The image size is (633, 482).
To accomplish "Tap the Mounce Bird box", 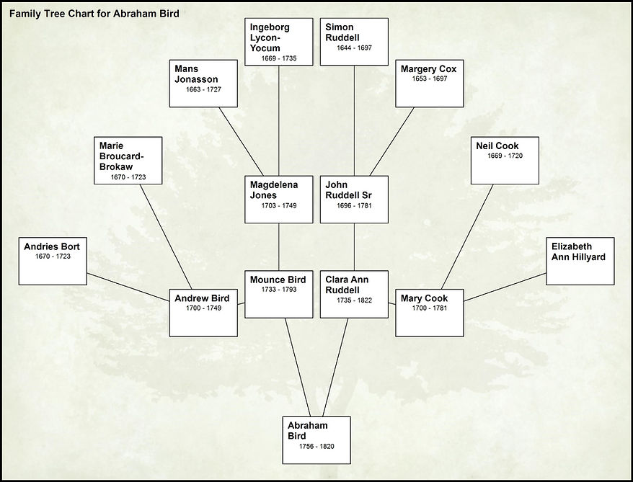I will (278, 294).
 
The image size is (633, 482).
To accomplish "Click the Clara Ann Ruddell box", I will (354, 294).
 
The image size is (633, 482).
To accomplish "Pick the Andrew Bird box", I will (203, 313).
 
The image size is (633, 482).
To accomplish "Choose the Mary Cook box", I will (430, 313).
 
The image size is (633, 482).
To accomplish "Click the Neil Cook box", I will (505, 160).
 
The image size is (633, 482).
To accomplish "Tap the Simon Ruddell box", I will (354, 42).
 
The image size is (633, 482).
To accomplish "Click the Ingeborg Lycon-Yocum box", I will (278, 42).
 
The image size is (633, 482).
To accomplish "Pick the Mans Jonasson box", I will (203, 83).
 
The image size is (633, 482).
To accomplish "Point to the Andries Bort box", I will (52, 261).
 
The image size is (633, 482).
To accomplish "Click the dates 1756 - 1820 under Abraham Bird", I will (316, 447).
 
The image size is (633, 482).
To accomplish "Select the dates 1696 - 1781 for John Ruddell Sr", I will (354, 205).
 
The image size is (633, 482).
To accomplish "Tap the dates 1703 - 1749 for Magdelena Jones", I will (278, 205).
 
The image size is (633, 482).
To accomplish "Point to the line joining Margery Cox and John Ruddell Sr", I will (392, 141).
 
